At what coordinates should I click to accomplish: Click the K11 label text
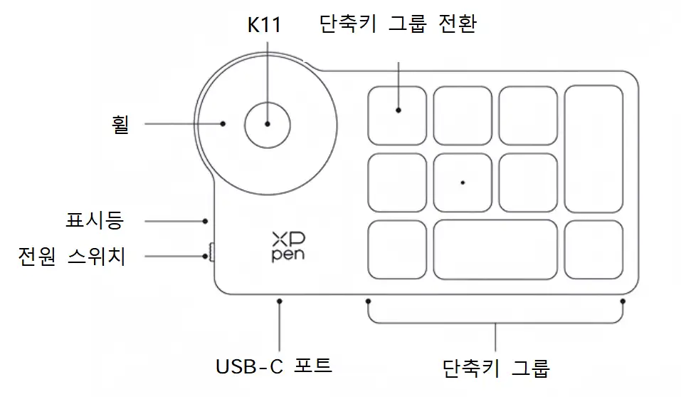point(264,26)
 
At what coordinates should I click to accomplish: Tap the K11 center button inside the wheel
point(267,123)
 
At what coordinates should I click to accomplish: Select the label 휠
point(122,125)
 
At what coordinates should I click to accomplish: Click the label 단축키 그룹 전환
point(398,25)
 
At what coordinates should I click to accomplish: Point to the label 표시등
point(95,221)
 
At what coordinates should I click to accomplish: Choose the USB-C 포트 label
point(274,366)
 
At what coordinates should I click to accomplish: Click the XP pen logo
point(287,246)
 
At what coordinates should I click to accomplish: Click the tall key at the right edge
point(593,149)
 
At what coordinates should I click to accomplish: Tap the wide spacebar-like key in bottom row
point(495,249)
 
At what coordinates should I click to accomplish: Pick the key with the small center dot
point(463,182)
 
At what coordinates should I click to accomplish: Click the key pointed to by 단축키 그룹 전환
point(398,115)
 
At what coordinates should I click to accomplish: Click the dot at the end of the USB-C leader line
point(280,302)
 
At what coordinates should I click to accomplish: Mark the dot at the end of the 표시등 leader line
point(206,221)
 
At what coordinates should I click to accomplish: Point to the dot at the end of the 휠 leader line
point(223,123)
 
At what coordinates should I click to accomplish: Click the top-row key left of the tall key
point(528,115)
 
